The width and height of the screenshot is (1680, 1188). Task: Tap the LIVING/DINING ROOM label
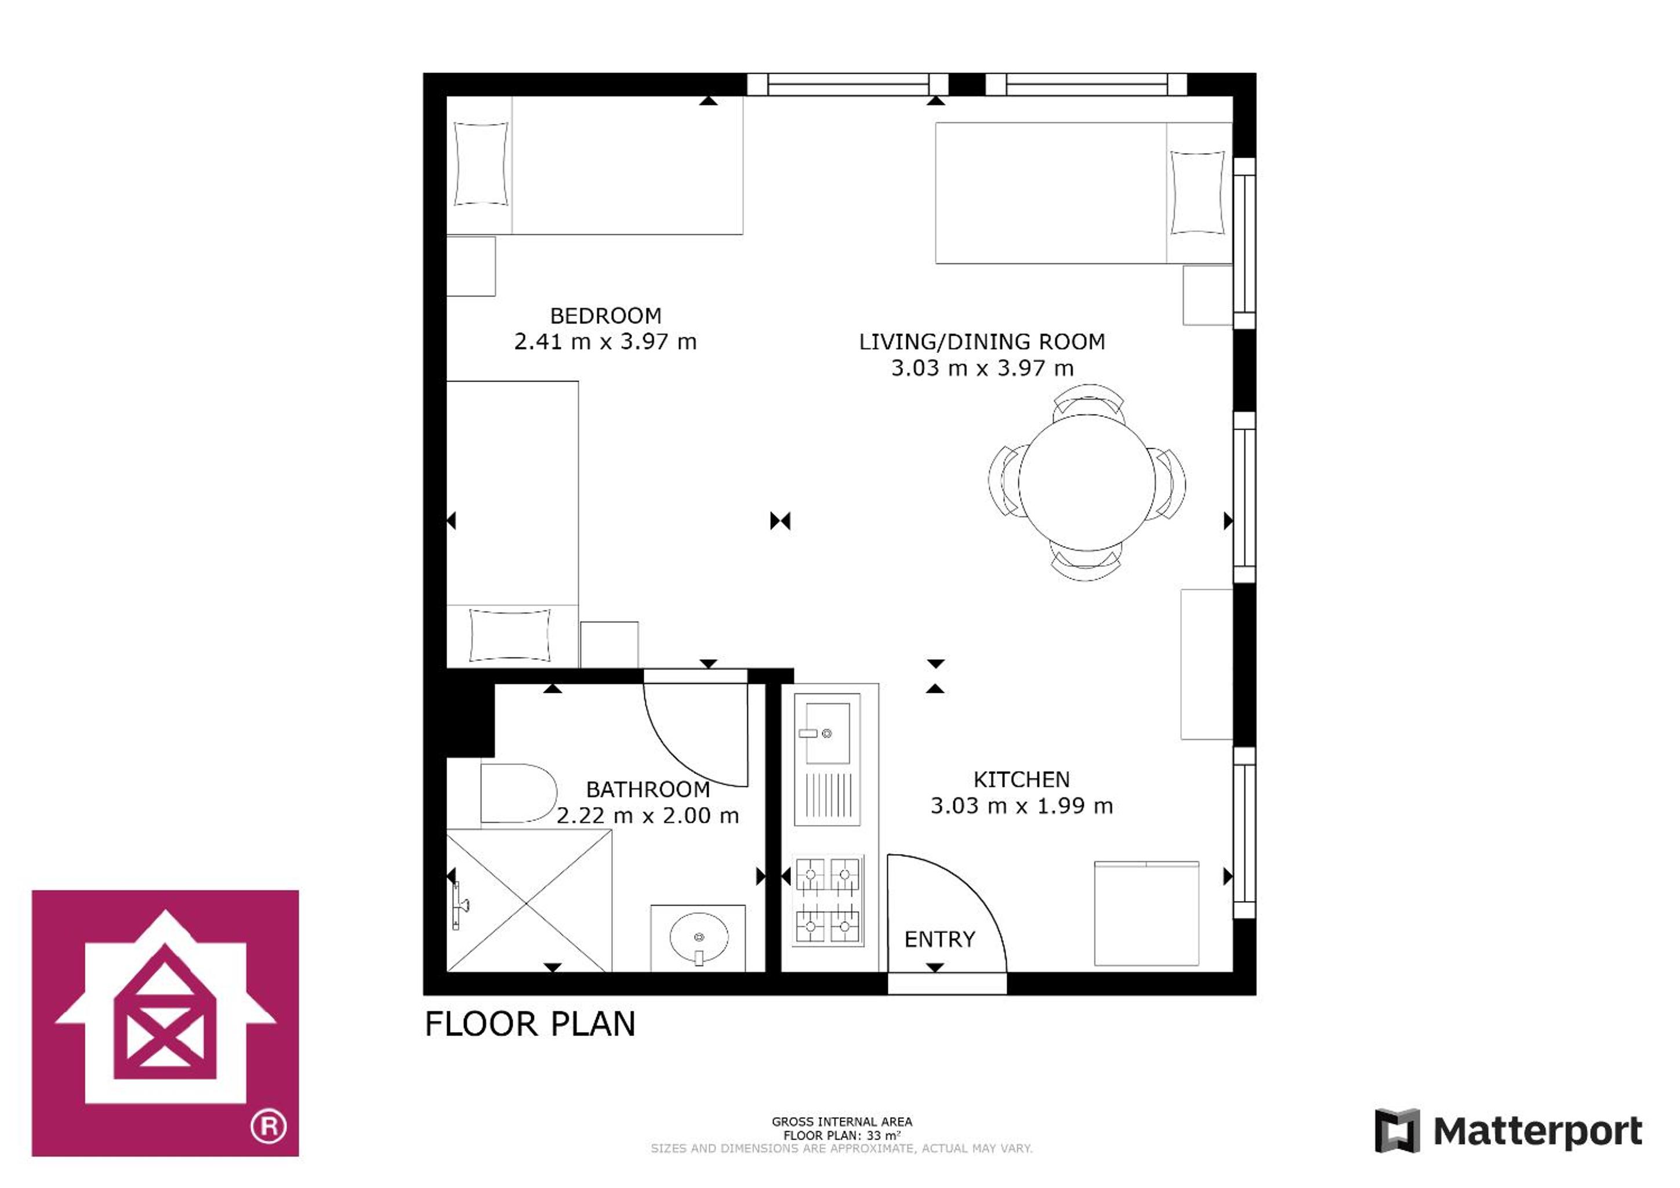click(981, 341)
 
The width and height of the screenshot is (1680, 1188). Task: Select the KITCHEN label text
click(1021, 780)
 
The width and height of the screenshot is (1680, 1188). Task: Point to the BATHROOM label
click(648, 790)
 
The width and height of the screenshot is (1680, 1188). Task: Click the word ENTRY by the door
click(939, 939)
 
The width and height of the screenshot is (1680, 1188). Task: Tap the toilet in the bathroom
click(518, 794)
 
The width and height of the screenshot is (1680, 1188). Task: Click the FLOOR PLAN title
click(530, 1024)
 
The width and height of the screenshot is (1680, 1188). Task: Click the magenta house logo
click(165, 1023)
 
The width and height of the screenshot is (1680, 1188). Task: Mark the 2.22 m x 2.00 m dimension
click(648, 816)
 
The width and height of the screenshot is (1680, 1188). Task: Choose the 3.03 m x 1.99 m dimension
click(1021, 806)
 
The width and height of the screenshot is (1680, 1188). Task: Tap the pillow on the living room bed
click(1197, 192)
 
